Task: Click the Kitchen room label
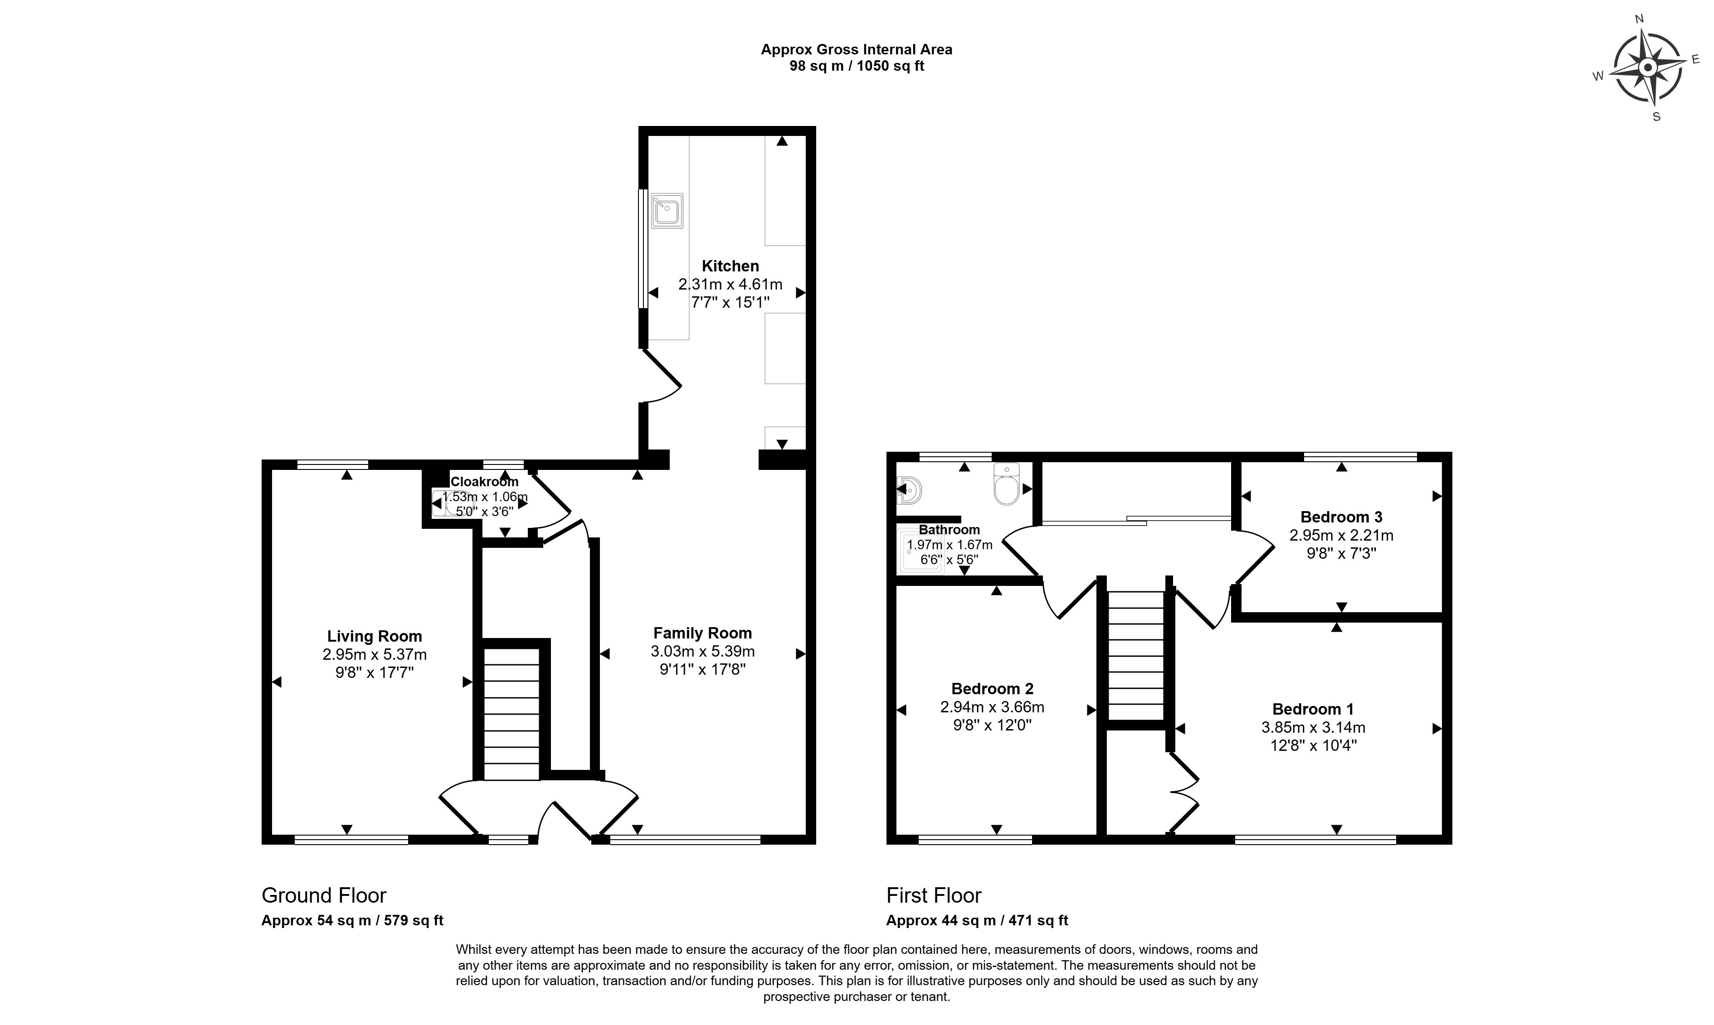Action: (730, 266)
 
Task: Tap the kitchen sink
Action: (667, 211)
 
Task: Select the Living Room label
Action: (375, 636)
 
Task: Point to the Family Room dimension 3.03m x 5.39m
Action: (702, 651)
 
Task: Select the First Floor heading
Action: (934, 896)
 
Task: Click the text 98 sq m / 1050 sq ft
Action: (857, 66)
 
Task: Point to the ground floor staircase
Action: (511, 714)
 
